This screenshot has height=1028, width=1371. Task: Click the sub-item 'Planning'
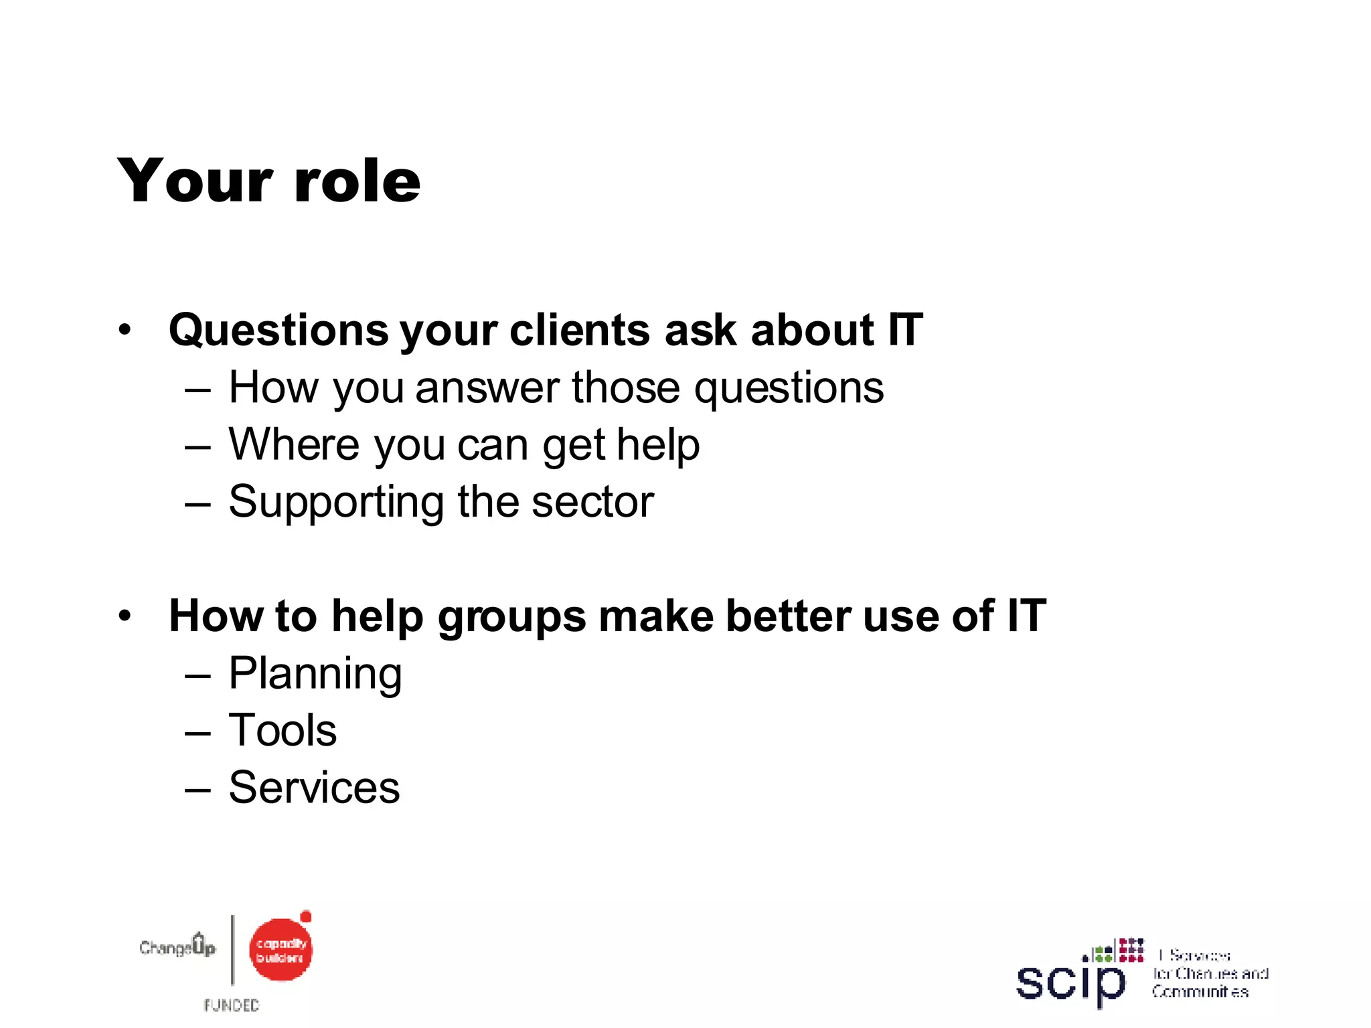315,674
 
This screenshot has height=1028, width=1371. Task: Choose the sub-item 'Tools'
283,730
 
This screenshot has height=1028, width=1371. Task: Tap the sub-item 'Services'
314,788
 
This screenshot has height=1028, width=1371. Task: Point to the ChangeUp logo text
177,947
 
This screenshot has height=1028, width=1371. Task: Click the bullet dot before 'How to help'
125,616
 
